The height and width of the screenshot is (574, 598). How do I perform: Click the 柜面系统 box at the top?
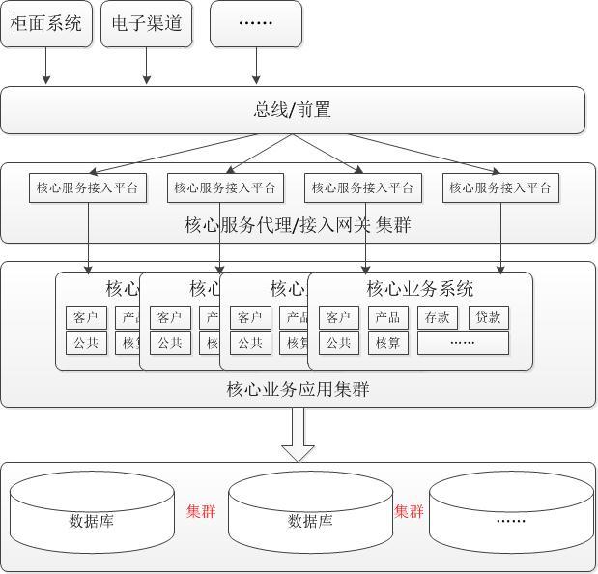coord(46,24)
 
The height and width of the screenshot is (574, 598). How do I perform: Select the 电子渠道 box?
coord(147,24)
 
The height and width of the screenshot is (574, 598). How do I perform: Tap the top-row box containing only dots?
coord(256,24)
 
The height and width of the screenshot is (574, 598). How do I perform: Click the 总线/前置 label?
coord(293,110)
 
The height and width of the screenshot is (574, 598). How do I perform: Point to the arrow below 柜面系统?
coord(46,67)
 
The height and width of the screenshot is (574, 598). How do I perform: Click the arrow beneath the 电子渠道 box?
coord(147,67)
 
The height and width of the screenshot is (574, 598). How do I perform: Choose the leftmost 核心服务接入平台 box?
coord(88,187)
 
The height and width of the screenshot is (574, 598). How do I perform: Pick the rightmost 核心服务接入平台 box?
coord(501,187)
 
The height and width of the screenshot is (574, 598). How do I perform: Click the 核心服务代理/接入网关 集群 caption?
coord(298,225)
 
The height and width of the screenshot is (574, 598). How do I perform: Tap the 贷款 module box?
coord(488,318)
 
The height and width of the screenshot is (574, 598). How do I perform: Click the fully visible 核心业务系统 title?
coord(420,288)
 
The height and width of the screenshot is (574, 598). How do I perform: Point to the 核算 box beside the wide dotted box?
coord(387,343)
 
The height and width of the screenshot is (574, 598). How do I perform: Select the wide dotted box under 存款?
coord(463,343)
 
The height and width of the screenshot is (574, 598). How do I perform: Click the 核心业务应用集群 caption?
coord(298,389)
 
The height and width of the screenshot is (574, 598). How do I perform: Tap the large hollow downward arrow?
coord(298,434)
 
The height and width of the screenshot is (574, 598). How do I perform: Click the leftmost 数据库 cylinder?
coord(92,517)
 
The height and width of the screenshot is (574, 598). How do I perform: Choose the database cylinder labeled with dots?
coord(511,517)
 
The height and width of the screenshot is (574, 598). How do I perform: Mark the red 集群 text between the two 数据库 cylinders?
coord(201,511)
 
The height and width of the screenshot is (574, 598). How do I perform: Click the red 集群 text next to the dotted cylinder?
coord(409,511)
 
